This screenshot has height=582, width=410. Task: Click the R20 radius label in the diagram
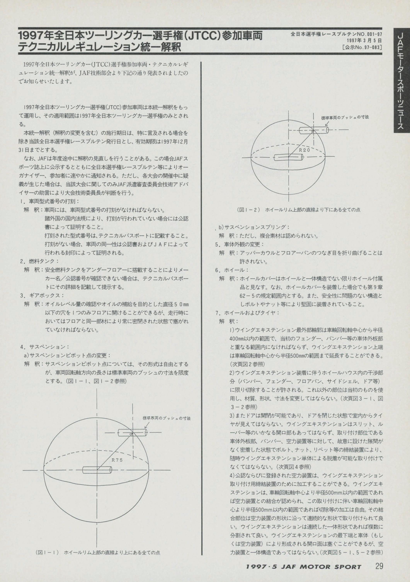305,150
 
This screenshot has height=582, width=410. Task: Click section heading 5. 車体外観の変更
240,244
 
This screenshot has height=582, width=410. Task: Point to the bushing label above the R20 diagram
345,117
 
